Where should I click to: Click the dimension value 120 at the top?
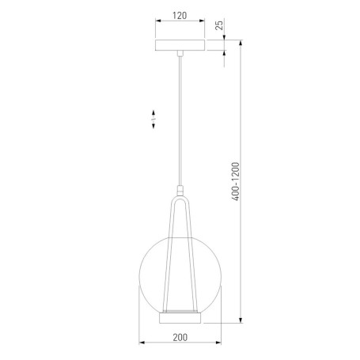(180, 16)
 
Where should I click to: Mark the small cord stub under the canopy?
(181, 55)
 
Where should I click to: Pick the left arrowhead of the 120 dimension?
(158, 26)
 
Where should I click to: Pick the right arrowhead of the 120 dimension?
(204, 26)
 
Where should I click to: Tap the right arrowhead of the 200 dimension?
(219, 343)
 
